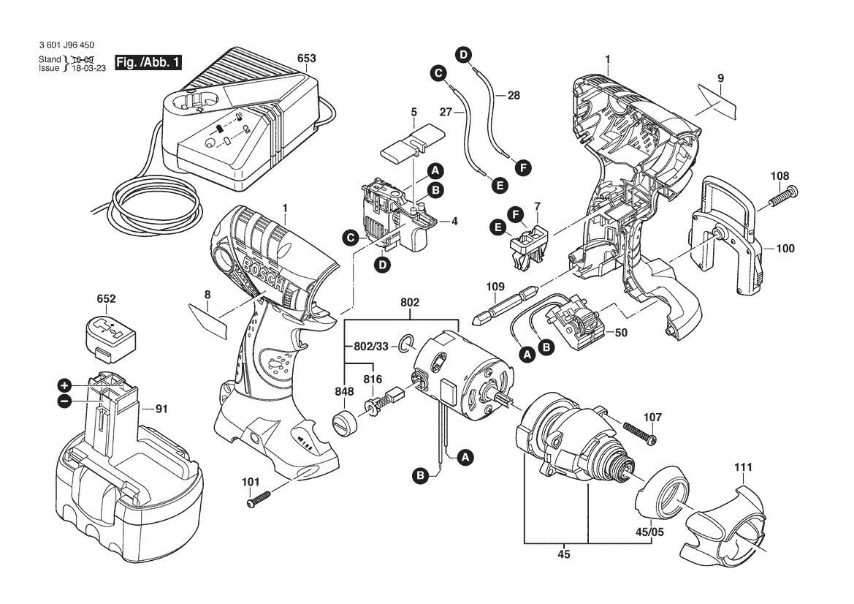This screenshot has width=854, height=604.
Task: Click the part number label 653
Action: (307, 58)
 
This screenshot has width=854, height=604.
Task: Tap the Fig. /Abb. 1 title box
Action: (148, 62)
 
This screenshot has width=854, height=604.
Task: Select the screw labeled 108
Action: (783, 197)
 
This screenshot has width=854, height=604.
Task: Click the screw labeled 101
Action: (259, 499)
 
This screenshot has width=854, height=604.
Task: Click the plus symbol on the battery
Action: (65, 386)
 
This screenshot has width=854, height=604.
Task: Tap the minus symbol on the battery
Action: (64, 401)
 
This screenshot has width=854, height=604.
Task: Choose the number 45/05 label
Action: (649, 532)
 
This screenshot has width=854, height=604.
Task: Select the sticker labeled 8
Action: (207, 321)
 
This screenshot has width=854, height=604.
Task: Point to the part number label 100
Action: (785, 249)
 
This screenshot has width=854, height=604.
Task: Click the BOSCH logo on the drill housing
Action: (264, 276)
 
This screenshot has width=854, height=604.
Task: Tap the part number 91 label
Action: (161, 409)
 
